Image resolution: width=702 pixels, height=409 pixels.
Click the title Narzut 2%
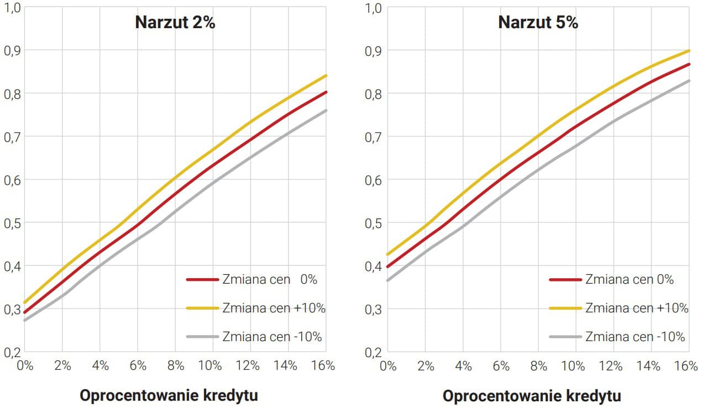coord(175,23)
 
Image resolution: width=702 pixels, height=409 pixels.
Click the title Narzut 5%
coord(538,23)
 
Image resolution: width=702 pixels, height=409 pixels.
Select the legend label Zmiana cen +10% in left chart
coord(274,308)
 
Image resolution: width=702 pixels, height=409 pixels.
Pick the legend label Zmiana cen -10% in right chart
coord(635,337)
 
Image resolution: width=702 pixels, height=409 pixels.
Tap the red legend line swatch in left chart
coord(203,280)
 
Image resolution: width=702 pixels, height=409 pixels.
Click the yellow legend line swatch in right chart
coord(565,308)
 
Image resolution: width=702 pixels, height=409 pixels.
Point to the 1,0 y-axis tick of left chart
coord(12,8)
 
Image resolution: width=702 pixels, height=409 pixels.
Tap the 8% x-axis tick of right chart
coord(538,366)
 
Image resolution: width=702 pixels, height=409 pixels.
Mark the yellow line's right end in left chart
coord(326,76)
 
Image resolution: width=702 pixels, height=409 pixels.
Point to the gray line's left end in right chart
coord(387,280)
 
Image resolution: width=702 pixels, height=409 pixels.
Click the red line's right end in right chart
coord(689,64)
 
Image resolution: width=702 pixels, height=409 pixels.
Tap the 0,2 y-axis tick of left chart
coord(12,352)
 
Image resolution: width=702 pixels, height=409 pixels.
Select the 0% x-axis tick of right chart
coord(389,366)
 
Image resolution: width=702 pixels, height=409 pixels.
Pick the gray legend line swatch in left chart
coord(203,337)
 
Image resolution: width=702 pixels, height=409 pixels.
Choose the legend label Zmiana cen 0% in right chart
coord(630,280)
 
